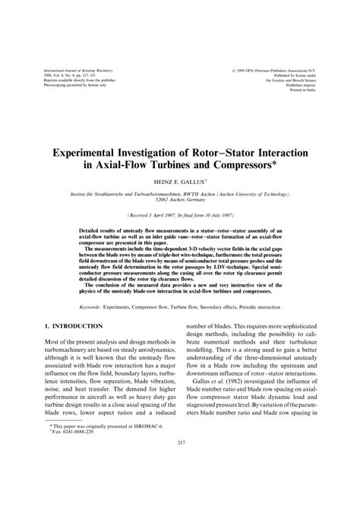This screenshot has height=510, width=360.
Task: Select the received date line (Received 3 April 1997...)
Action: point(180,215)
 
